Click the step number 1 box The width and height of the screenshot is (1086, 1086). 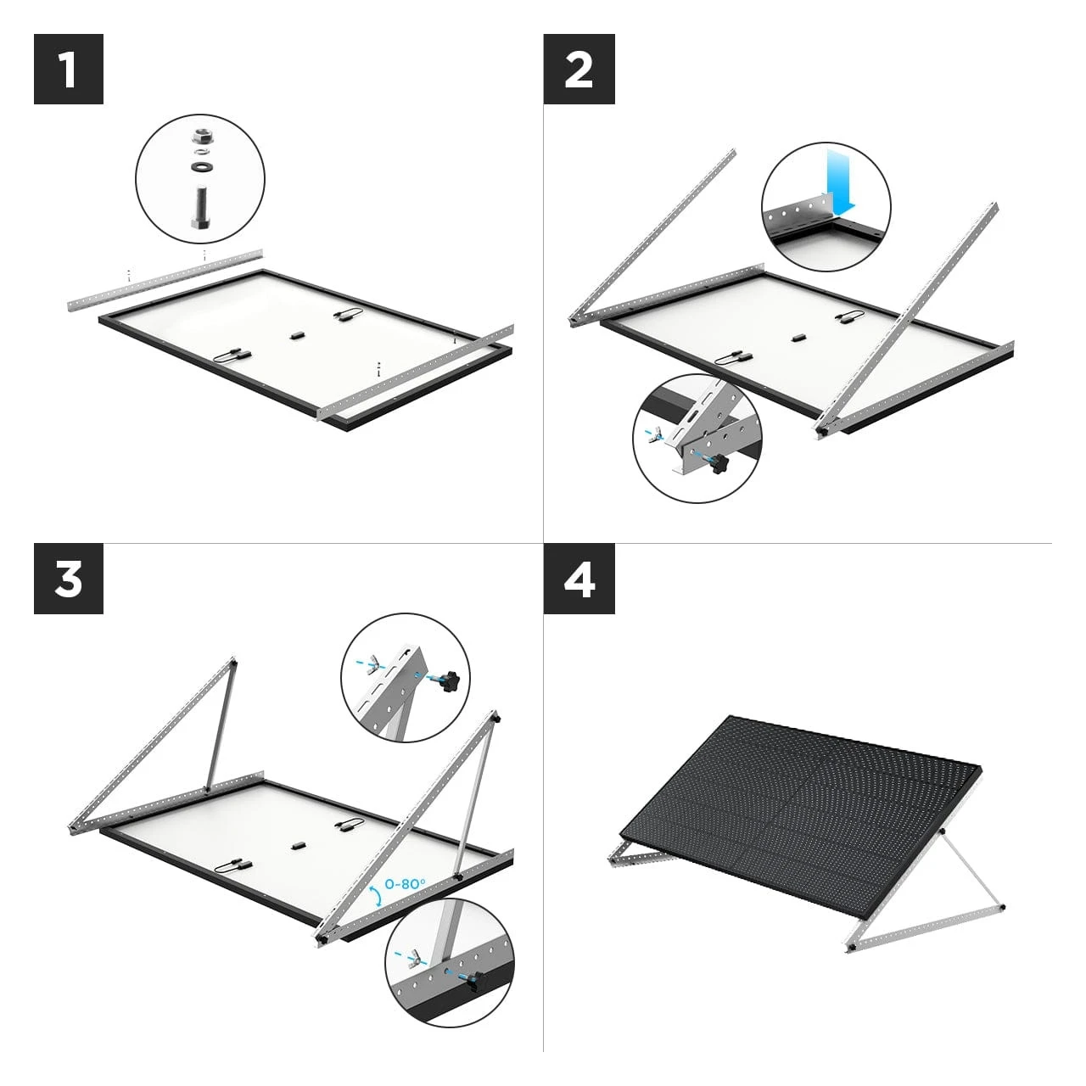coord(69,69)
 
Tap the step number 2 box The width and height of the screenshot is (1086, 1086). coord(579,69)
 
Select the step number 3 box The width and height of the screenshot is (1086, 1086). coord(69,579)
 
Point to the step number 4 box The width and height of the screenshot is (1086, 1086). coord(579,579)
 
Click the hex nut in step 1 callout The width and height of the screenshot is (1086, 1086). coord(200,137)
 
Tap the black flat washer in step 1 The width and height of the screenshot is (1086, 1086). coord(200,167)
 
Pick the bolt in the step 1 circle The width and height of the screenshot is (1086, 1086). coord(200,207)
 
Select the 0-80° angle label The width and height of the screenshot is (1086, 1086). coord(406,884)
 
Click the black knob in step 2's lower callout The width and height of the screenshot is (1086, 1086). coord(719,464)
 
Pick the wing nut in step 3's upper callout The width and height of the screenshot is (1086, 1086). coord(372,665)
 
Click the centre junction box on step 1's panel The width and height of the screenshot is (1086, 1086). coord(297,335)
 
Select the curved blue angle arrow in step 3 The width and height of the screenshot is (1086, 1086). coord(375,896)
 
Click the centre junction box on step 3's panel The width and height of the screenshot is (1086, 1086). coord(298,845)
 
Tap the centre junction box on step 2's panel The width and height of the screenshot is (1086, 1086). coord(797,339)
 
